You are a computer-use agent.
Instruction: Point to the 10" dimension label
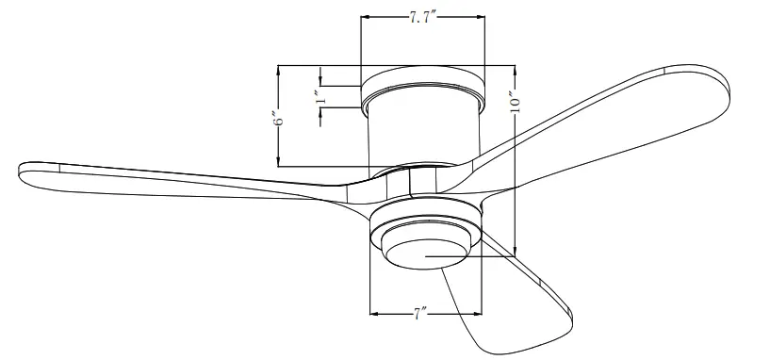click(514, 100)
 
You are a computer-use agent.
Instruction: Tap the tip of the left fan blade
click(23, 170)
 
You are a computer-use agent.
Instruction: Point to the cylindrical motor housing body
click(421, 132)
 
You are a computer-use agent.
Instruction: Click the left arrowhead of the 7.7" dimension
click(364, 19)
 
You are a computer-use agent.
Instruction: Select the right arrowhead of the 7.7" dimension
click(481, 19)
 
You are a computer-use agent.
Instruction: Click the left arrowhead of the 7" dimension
click(373, 313)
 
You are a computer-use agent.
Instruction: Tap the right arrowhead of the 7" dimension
click(479, 313)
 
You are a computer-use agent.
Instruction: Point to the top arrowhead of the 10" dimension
click(515, 68)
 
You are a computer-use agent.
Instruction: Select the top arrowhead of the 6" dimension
click(278, 68)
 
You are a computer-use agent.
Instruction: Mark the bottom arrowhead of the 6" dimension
click(278, 164)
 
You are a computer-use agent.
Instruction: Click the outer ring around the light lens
click(424, 227)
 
